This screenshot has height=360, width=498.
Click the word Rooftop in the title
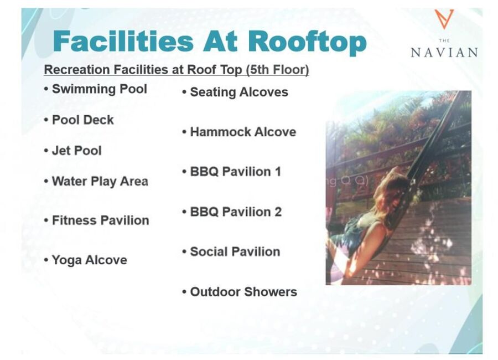pos(307,42)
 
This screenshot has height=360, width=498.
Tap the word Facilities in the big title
pos(123,41)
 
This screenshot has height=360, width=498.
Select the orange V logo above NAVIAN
pos(444,19)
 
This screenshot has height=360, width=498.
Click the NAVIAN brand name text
pos(444,53)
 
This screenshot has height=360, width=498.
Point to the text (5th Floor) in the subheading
pos(277,70)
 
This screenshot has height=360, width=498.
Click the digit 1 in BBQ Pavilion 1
pos(278,172)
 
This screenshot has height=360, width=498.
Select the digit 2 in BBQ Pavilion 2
pos(278,212)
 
